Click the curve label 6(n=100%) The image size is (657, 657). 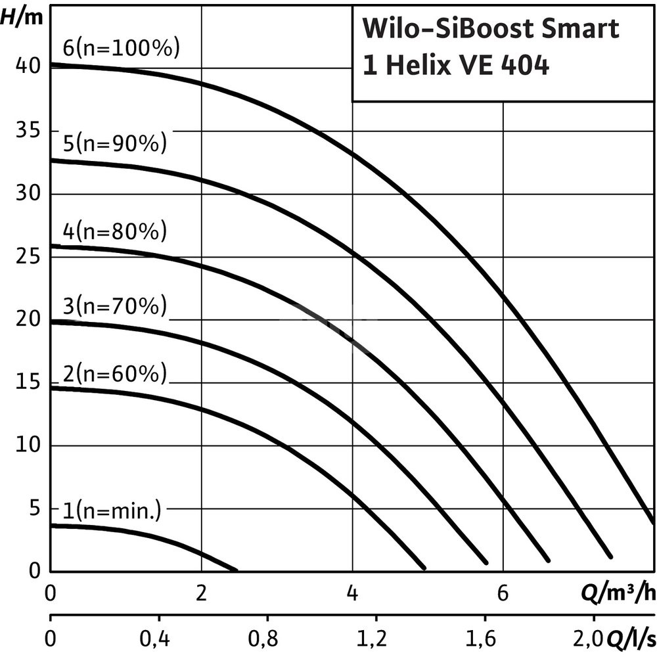[121, 49]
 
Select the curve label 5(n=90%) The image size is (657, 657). [115, 143]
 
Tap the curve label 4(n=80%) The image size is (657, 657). [115, 231]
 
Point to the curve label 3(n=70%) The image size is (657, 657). [115, 306]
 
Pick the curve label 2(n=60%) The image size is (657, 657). [115, 374]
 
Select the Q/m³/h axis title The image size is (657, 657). [618, 594]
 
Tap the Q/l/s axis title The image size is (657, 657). [632, 637]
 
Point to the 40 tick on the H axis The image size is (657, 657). [26, 67]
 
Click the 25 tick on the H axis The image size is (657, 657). [26, 256]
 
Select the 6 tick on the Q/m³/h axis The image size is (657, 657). [503, 593]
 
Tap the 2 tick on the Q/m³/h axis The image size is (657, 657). [201, 593]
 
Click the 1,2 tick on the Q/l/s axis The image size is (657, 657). [375, 637]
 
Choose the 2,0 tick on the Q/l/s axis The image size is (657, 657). [593, 637]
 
